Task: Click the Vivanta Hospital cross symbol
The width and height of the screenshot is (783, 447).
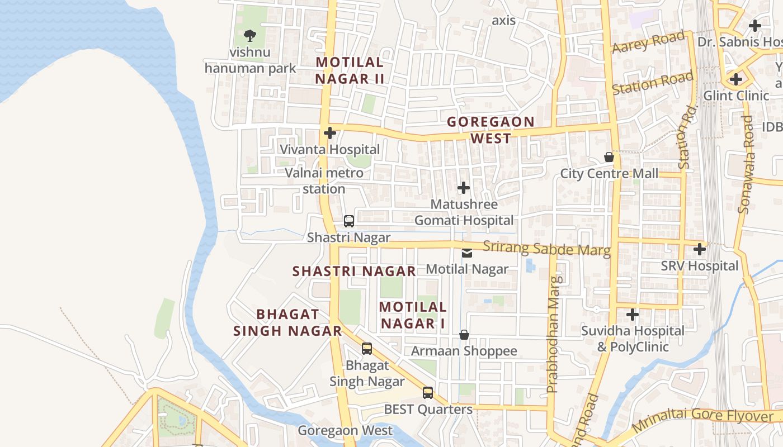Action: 330,133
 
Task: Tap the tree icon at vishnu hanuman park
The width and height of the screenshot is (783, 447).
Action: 250,35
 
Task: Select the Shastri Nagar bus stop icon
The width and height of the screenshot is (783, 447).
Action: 349,221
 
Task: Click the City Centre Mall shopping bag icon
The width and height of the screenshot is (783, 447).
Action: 609,158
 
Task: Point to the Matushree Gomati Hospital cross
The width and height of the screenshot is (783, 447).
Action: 464,188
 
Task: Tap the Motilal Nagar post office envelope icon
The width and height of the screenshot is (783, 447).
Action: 467,253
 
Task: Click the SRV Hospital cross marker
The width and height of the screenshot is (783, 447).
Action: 700,249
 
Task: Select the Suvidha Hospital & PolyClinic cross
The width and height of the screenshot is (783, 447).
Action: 633,315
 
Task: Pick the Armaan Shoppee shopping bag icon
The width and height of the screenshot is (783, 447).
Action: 464,335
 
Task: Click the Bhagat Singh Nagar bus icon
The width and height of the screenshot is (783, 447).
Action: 367,349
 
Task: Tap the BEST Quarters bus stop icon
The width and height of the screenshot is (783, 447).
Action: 428,393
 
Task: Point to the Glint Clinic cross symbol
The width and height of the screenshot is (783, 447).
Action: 736,79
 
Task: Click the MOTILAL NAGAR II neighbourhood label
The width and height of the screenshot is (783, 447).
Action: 350,70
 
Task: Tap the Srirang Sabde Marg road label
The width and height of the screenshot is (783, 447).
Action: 546,249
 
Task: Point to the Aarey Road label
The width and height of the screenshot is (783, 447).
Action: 649,42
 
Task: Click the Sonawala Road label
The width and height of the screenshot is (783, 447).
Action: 746,165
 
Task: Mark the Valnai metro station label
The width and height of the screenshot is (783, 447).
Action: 324,180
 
